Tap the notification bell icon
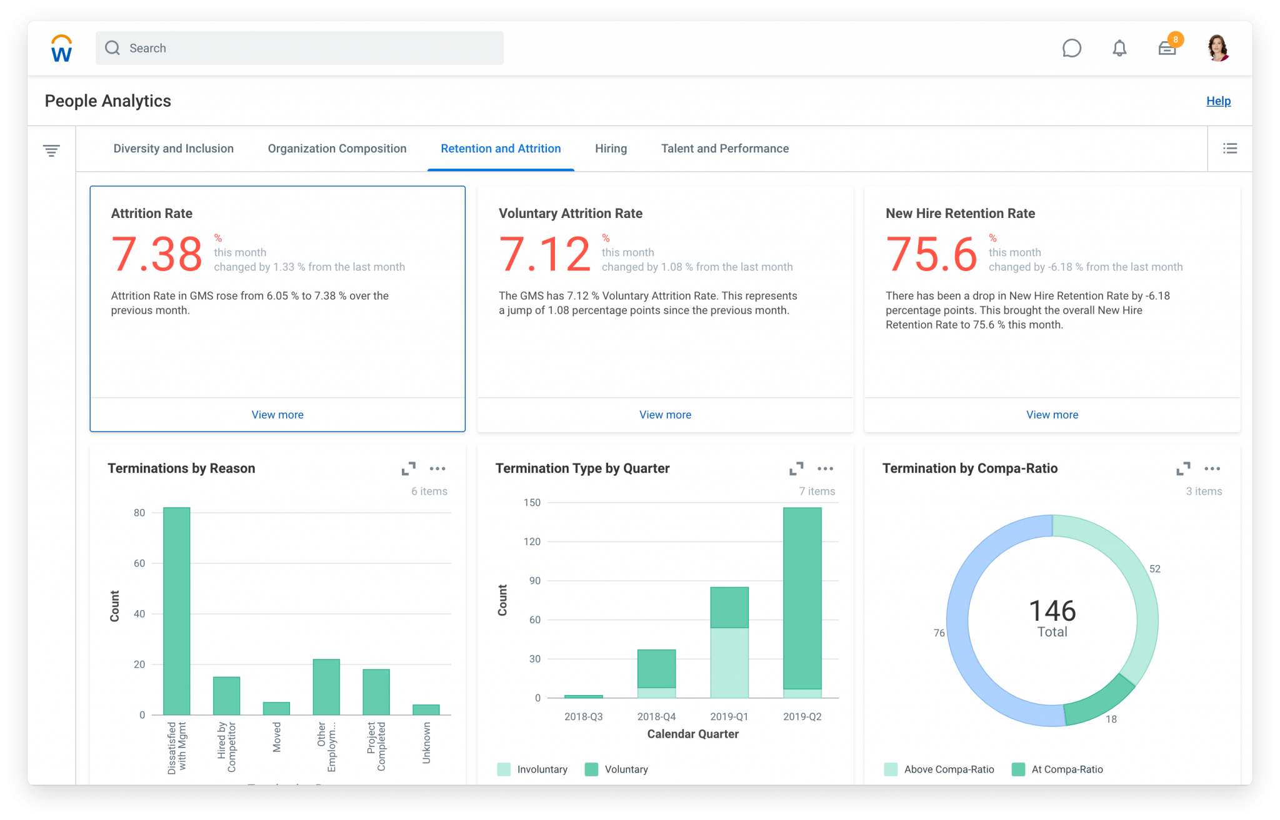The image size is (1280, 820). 1119,48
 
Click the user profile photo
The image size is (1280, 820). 1217,48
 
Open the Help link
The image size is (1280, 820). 1218,101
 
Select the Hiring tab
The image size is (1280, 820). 611,149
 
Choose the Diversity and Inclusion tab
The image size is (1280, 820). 173,149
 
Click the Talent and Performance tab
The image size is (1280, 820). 724,149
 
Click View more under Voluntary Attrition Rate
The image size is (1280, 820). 665,415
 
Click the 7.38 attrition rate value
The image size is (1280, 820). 156,254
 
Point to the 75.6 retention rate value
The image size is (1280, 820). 931,254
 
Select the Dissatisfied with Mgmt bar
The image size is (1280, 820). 176,612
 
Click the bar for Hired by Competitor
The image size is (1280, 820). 226,696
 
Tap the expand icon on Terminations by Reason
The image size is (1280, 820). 409,468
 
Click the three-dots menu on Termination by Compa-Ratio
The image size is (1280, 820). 1212,468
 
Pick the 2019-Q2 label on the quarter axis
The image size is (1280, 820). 802,716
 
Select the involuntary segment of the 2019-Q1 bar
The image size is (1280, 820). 729,663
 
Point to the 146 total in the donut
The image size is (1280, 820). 1052,611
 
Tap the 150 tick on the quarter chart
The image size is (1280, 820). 532,503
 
